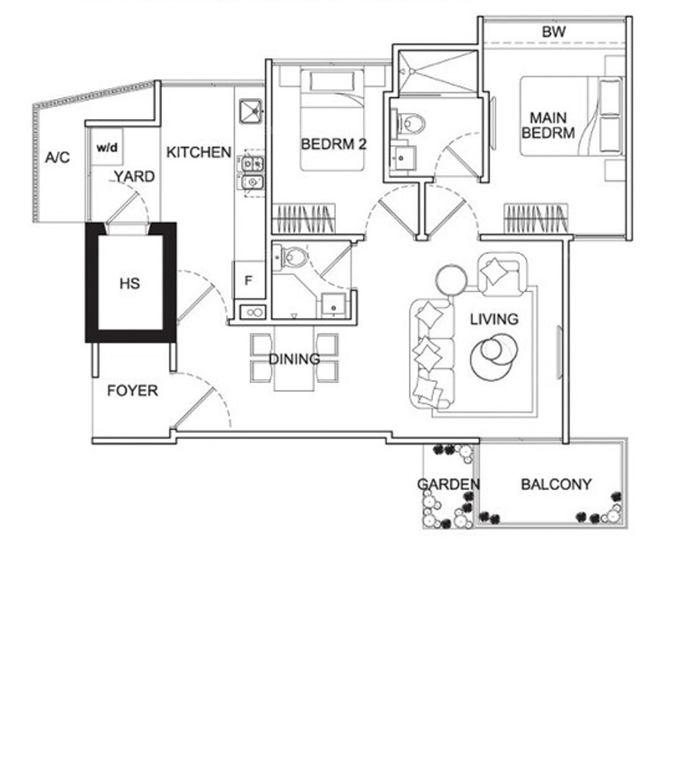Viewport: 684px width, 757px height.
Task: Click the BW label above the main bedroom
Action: pos(553,32)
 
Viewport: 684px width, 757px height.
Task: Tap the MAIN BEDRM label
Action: pos(548,125)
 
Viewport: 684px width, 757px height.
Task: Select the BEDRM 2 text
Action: pos(334,144)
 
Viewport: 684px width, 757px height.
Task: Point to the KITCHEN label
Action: pos(198,152)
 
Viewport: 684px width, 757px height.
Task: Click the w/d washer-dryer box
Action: pos(107,147)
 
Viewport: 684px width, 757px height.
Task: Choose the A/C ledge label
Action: pos(58,157)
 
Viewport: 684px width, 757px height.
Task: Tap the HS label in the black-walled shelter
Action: pos(129,283)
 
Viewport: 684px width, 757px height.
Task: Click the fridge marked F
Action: pos(249,280)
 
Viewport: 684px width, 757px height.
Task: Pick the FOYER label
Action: pos(132,390)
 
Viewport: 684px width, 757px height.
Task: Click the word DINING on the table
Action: pos(294,358)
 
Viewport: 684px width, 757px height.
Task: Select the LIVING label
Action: pos(494,319)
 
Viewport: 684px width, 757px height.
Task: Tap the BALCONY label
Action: pos(556,484)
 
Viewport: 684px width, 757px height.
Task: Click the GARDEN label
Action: pos(448,484)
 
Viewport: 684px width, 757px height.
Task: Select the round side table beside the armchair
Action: pos(451,279)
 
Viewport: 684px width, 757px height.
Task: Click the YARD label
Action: pos(135,177)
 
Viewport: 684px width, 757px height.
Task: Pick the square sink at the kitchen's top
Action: pos(251,111)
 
